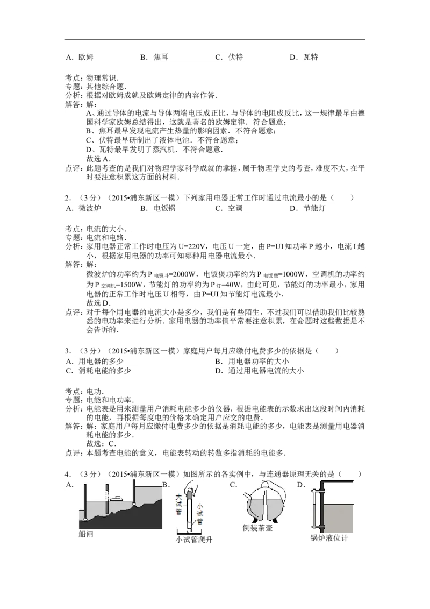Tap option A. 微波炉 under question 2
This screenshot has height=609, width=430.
[83, 208]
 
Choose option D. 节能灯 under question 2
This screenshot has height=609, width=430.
[307, 208]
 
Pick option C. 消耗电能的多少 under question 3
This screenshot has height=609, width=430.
[98, 371]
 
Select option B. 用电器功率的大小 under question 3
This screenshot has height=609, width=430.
[252, 361]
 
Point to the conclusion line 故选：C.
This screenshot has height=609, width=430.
[101, 443]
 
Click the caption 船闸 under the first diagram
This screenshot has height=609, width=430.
[86, 534]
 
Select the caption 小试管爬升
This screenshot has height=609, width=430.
[193, 540]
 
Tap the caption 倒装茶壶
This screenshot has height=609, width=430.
[257, 528]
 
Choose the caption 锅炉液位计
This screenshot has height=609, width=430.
[329, 538]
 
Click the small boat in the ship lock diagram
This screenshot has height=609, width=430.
[116, 498]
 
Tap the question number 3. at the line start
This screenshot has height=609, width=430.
[68, 351]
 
